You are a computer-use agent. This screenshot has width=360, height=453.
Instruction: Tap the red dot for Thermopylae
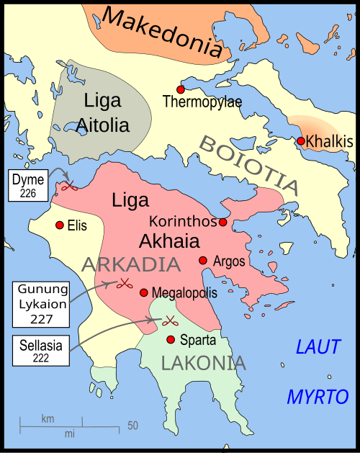181,89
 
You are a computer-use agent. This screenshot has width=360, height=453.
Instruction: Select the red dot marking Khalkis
301,140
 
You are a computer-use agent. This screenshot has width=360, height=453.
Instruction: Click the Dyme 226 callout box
27,185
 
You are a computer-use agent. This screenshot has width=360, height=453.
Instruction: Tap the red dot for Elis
59,225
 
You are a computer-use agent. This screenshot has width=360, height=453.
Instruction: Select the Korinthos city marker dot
223,222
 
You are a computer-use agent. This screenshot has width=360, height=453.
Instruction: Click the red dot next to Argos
203,260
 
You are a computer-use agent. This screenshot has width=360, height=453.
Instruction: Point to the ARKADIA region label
130,264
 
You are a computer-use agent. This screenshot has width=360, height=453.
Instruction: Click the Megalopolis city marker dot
143,292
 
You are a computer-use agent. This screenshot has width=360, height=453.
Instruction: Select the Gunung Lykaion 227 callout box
42,304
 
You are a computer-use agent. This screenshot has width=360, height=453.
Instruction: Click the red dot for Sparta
171,339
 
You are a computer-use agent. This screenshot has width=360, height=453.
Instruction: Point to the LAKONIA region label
204,364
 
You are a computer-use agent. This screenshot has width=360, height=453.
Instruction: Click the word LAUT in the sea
318,347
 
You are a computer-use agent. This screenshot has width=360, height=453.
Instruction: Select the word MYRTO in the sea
318,396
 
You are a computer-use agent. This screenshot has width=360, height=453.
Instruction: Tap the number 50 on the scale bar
132,426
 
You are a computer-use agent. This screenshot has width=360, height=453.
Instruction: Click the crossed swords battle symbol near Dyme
68,187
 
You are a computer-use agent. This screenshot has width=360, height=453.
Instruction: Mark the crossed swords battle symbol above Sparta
171,320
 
